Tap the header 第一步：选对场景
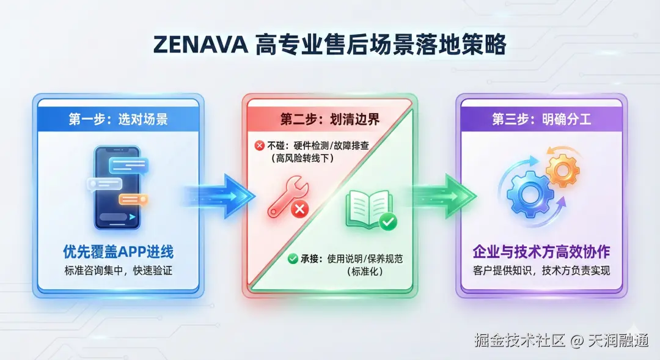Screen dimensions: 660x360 coord(118,119)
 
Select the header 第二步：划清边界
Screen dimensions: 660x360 coord(330,119)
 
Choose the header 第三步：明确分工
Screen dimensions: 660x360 coord(541,119)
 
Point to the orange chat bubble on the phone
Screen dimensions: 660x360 coord(133,199)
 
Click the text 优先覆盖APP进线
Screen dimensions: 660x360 coord(118,251)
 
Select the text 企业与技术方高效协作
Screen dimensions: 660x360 coord(541,251)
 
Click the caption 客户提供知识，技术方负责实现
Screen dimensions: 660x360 coord(541,270)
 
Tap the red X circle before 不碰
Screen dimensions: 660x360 coord(259,145)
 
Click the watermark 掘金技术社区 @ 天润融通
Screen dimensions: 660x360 coord(561,340)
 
